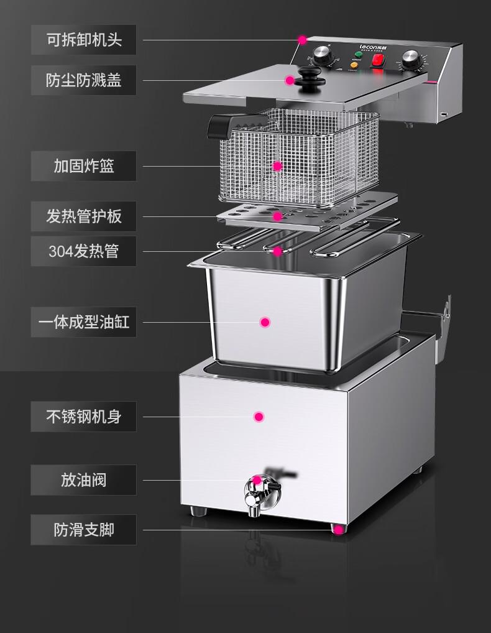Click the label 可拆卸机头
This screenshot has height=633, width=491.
pyautogui.click(x=84, y=40)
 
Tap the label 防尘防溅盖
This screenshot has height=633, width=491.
pyautogui.click(x=84, y=80)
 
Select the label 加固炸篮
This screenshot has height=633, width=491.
pyautogui.click(x=84, y=166)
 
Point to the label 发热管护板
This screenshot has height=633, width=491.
pyautogui.click(x=84, y=216)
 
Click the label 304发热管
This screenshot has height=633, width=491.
pyautogui.click(x=84, y=251)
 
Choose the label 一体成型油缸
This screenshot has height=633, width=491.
pyautogui.click(x=84, y=322)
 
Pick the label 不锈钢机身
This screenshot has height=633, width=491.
pyautogui.click(x=84, y=417)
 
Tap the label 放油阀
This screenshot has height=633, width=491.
pyautogui.click(x=84, y=480)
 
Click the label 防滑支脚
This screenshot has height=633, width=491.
pyautogui.click(x=84, y=530)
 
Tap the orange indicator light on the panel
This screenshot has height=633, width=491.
pyautogui.click(x=356, y=63)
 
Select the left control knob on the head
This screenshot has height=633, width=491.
pyautogui.click(x=324, y=55)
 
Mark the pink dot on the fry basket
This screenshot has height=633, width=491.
pyautogui.click(x=278, y=166)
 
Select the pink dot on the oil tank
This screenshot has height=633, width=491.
pyautogui.click(x=265, y=322)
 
